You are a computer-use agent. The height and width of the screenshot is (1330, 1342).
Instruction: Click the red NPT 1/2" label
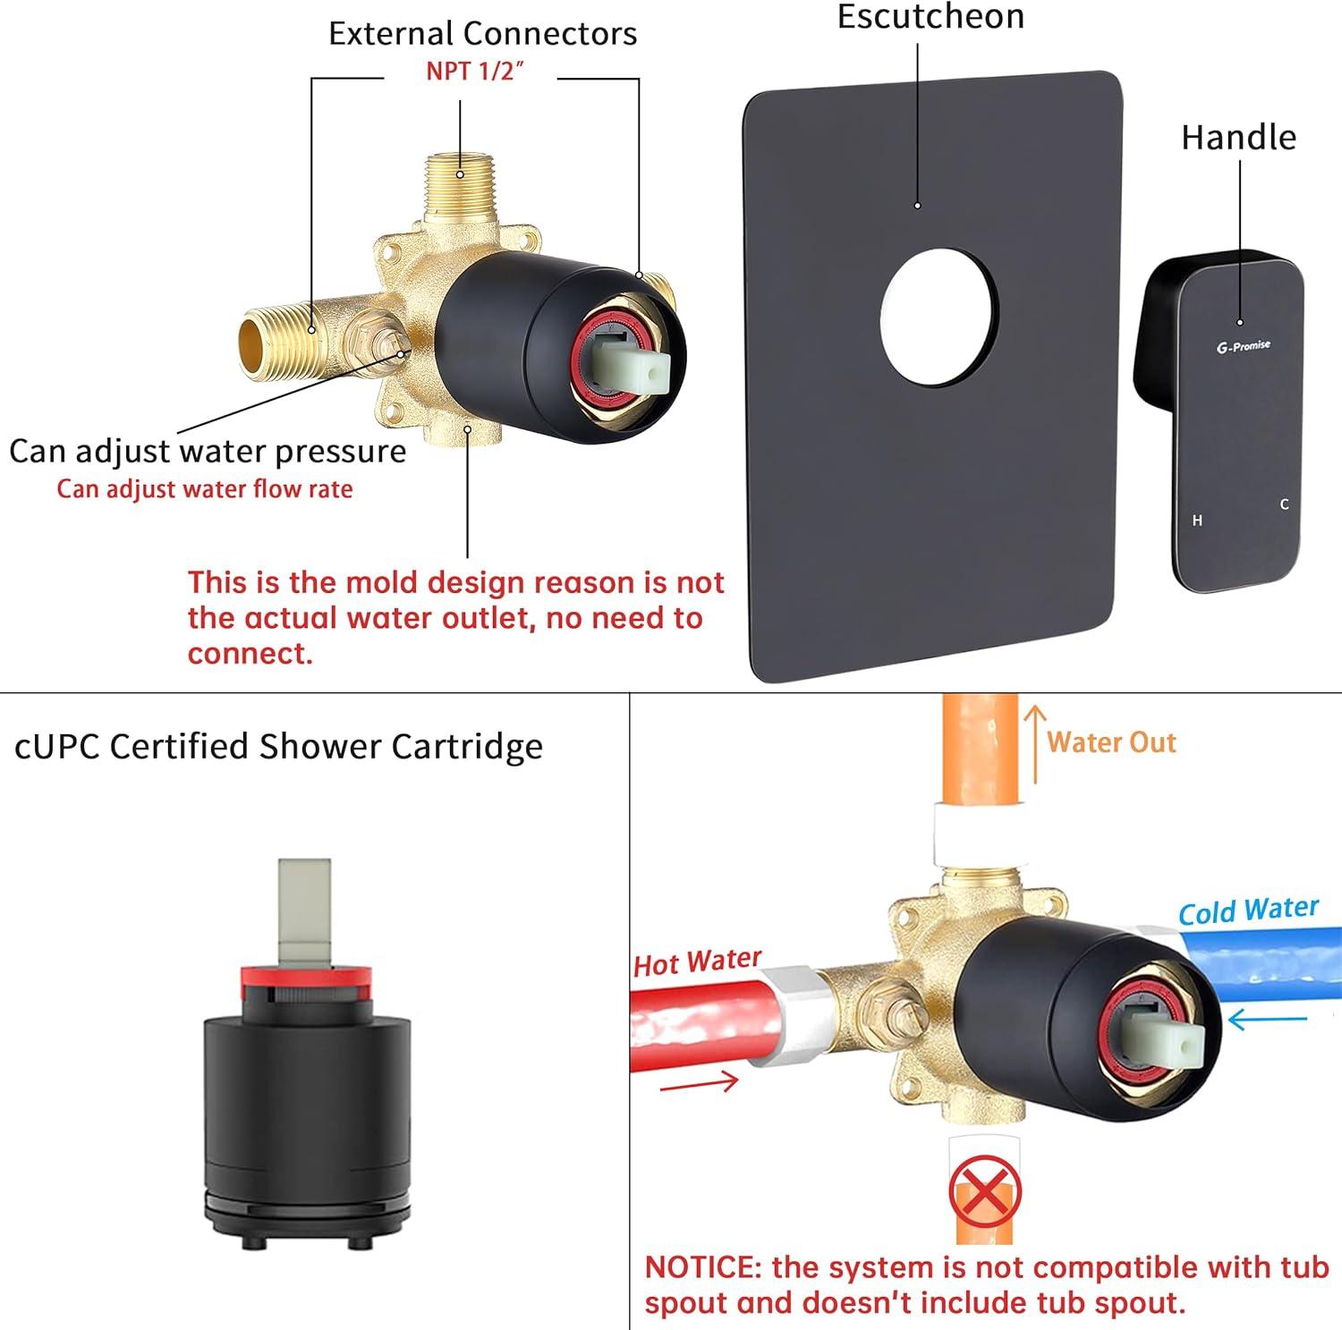474,71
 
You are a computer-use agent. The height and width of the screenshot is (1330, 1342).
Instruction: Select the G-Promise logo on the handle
1244,346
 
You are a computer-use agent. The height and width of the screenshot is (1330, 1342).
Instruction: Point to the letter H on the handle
1197,521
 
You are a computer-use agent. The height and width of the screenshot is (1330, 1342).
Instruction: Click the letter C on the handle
1284,504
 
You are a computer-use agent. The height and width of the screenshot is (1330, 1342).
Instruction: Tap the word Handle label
1238,138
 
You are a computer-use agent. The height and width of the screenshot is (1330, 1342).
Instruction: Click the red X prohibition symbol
984,1192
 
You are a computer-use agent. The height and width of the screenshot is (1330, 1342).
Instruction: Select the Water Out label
1111,742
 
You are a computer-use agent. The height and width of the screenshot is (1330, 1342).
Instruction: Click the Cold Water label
1248,911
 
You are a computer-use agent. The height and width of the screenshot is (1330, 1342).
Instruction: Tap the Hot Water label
698,962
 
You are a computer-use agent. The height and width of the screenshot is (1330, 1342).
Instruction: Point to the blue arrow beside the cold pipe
1267,1019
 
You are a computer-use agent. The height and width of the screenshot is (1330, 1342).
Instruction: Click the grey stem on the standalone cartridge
303,912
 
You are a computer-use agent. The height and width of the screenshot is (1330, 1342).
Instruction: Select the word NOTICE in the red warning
702,1267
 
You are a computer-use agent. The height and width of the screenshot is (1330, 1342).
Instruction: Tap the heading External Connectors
482,34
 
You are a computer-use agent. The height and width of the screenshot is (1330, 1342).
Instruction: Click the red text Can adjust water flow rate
205,489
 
